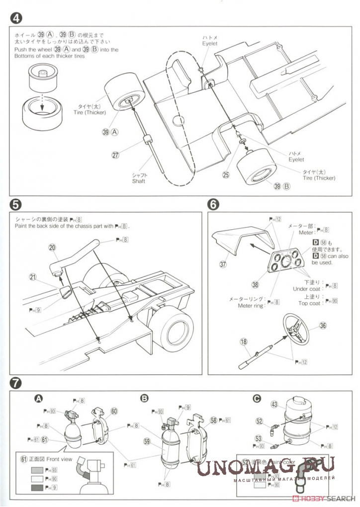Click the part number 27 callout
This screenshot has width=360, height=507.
pos(115,155)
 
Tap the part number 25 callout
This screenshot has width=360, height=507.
pos(226,174)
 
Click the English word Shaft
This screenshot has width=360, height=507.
pos(139,181)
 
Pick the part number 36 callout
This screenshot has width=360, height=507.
pos(323,326)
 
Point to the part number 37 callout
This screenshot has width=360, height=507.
pos(223,264)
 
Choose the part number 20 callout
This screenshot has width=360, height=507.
pos(52,247)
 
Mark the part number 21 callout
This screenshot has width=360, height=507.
pos(33,277)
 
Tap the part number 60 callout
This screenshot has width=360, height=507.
pos(114,411)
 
